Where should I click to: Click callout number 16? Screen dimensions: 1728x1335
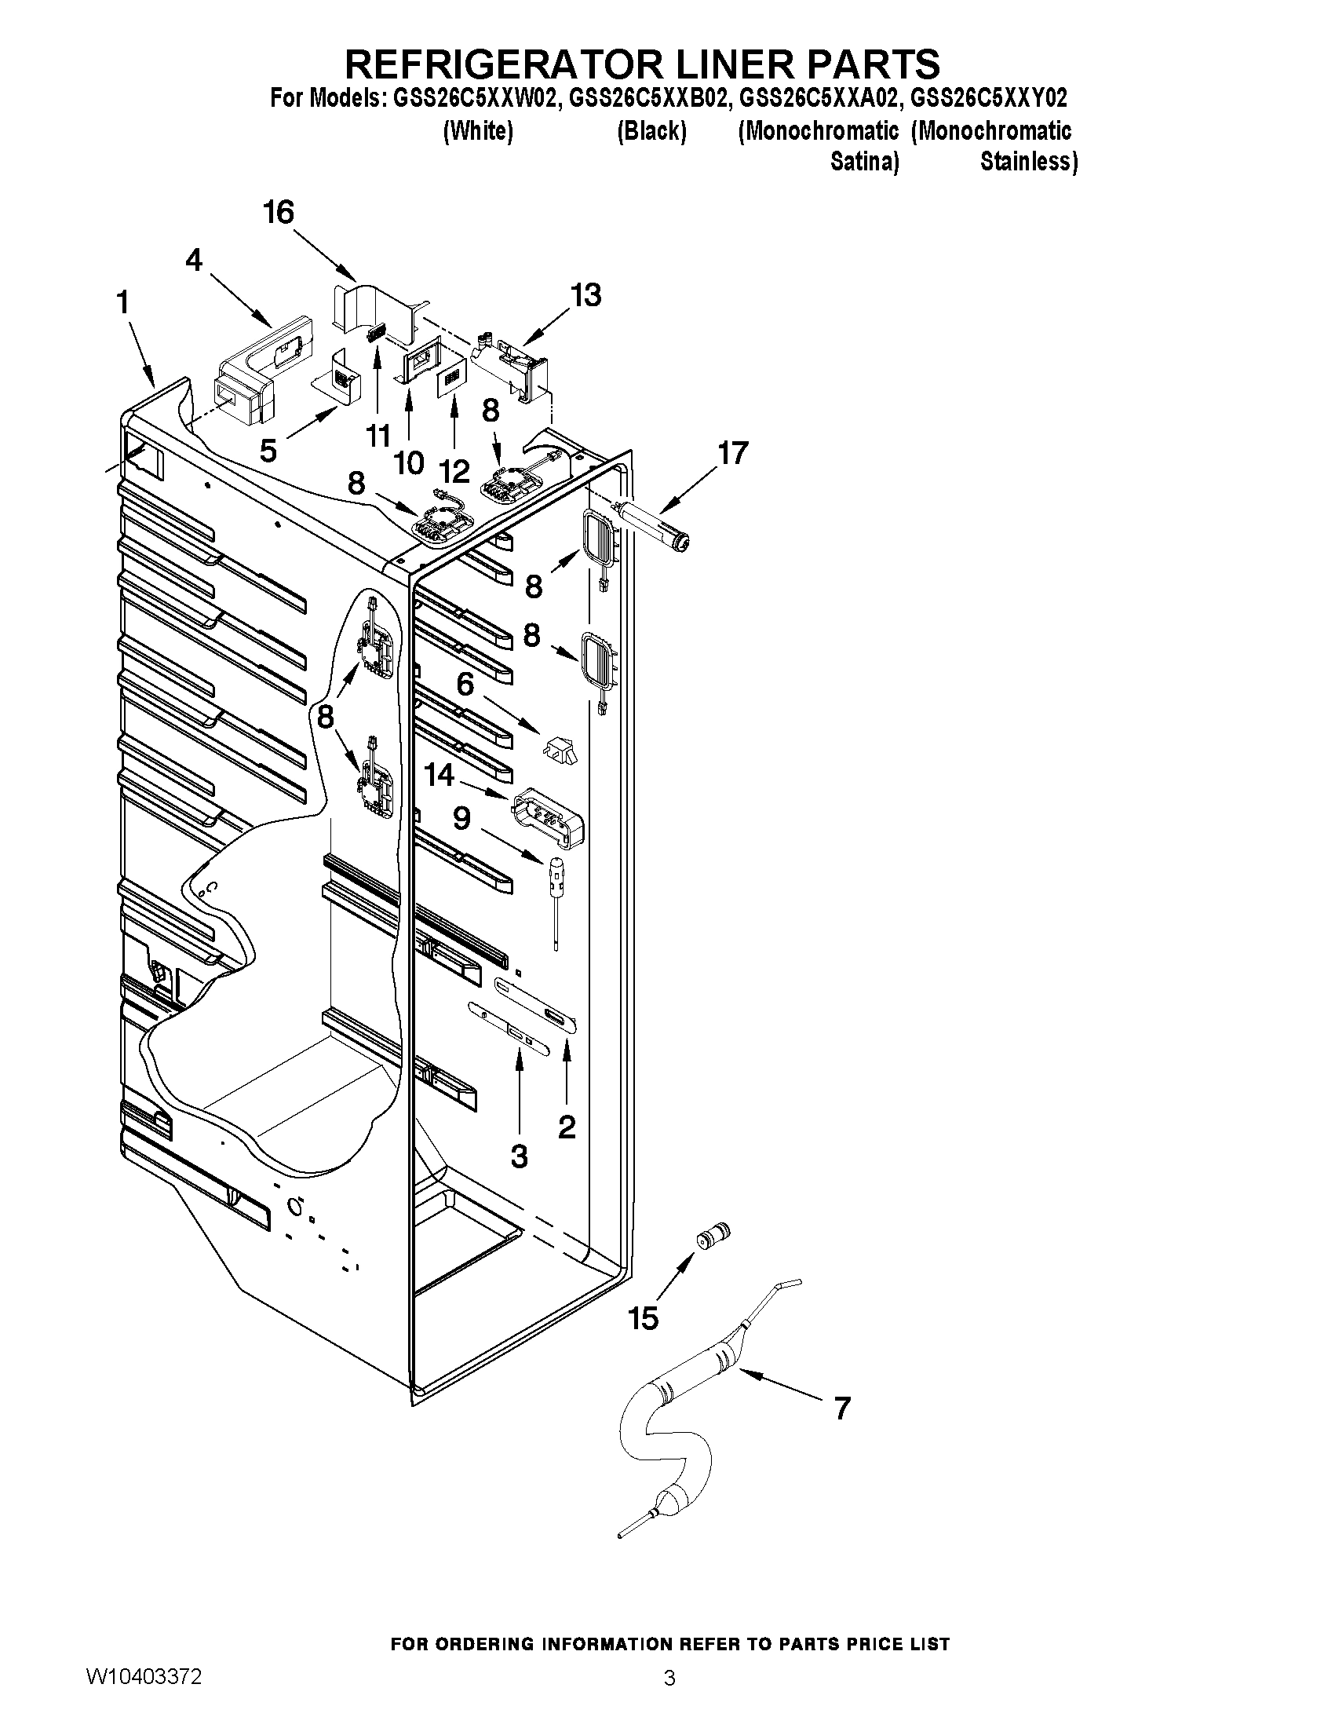point(279,213)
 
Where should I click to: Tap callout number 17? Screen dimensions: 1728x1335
point(732,453)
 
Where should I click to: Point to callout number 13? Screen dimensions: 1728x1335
point(586,295)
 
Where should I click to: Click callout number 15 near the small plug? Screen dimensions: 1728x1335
point(643,1318)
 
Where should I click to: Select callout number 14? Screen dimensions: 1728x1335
point(440,775)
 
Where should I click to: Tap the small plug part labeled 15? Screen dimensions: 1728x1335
point(713,1236)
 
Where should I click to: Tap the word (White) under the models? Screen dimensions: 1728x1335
point(478,130)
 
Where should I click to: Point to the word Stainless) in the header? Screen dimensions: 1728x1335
point(1029,162)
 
